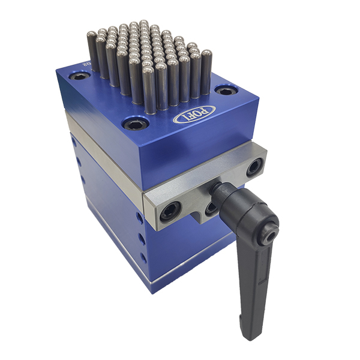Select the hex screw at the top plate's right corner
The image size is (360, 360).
[x=226, y=91]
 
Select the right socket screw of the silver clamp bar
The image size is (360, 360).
[x=254, y=167]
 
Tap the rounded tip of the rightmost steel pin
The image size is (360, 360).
[x=206, y=55]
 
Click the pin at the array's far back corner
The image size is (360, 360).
[x=144, y=24]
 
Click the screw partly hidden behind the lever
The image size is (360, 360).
[x=211, y=209]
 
